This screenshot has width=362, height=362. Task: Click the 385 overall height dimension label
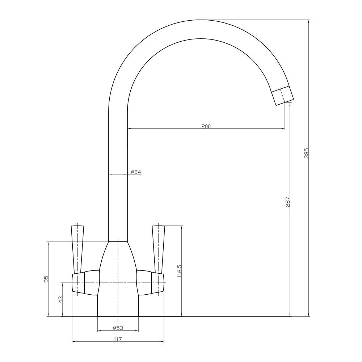coord(306,154)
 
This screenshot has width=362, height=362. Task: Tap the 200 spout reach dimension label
coord(206,126)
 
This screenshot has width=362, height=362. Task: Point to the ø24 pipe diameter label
coord(136,172)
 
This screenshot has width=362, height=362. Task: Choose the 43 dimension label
coord(60,299)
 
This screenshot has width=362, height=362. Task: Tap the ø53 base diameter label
coord(118,328)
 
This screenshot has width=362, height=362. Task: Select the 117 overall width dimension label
coord(118,339)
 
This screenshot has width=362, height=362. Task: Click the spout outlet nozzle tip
coord(283,96)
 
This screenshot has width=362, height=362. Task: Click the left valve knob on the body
coord(85,282)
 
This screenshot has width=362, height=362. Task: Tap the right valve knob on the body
coord(151,282)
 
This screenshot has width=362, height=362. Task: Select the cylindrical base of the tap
coord(118,306)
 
